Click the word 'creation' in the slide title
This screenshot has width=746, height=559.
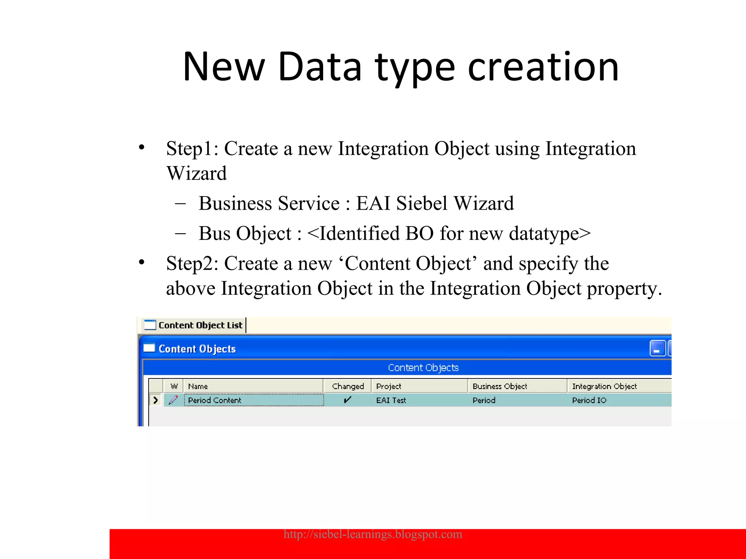543,67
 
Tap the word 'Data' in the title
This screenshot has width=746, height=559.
320,67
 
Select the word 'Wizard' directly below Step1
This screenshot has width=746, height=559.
197,173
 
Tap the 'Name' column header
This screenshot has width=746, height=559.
198,386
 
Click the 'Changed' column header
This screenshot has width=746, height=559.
348,386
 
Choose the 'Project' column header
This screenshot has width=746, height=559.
389,386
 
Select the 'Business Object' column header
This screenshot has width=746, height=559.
500,386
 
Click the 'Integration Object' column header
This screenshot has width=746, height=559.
604,386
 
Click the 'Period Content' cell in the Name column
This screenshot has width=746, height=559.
215,400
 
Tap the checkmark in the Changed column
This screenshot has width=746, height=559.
348,400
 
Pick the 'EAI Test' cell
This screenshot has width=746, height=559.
391,400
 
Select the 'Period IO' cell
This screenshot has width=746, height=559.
589,400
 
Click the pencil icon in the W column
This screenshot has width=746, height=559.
173,400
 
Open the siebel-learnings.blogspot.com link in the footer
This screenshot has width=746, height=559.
373,534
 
